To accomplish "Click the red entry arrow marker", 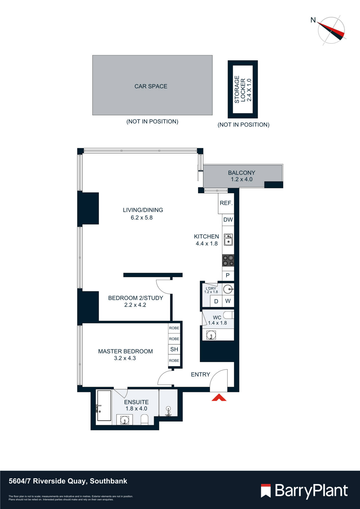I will [x=219, y=398].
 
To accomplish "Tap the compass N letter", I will [x=313, y=20].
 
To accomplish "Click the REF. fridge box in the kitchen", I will [x=226, y=203].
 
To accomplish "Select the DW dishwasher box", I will [x=228, y=220].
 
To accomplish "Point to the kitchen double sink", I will [x=228, y=240].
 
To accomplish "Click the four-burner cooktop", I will [x=228, y=260].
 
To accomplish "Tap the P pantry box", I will [x=228, y=275].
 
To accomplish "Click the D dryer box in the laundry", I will [x=216, y=301].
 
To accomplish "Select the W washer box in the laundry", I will [x=228, y=301].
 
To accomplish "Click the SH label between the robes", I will [x=174, y=349].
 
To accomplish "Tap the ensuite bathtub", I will [x=104, y=405].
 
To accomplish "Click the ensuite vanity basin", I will [x=125, y=420].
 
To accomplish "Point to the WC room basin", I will [x=211, y=335].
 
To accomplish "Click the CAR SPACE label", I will [x=151, y=86].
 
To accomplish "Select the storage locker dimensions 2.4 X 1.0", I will [x=249, y=90].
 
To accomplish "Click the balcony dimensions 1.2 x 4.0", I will [x=242, y=179].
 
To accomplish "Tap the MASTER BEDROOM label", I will [x=125, y=351].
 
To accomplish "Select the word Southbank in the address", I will [x=108, y=481].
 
